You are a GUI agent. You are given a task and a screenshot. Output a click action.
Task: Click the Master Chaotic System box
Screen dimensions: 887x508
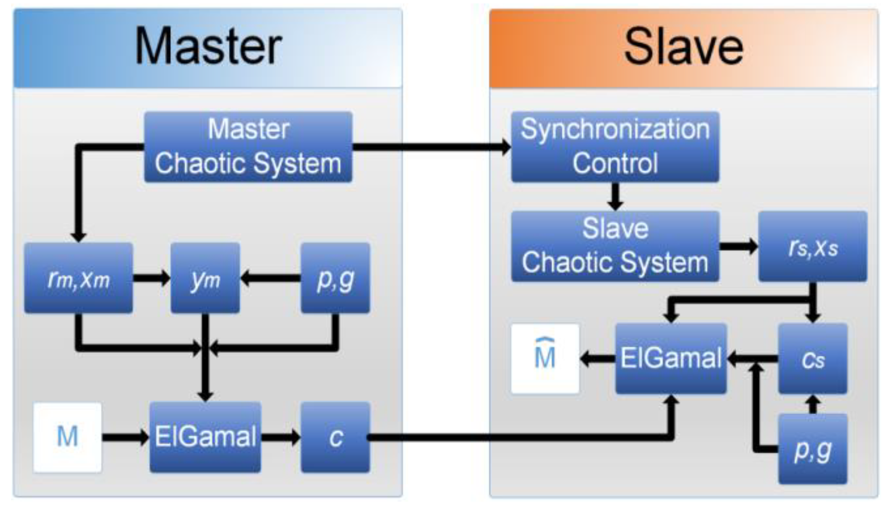[248, 147]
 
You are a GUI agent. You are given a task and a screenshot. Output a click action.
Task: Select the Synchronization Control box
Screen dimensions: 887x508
[615, 147]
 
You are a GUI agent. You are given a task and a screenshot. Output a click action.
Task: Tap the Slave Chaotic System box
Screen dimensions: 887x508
[615, 246]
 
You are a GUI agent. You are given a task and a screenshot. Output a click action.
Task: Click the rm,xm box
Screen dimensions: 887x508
[78, 278]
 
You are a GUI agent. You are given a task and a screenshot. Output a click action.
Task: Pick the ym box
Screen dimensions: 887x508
[205, 278]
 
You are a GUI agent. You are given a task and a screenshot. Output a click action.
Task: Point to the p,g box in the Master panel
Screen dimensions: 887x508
[335, 278]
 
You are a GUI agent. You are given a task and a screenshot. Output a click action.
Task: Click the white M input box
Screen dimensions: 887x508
[68, 437]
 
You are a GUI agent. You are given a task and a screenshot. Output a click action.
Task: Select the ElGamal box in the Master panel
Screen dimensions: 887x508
[205, 437]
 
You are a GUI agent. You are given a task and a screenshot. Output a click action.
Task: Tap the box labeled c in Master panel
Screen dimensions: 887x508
[335, 437]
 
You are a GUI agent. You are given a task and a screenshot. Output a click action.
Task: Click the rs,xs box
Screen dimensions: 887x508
[813, 246]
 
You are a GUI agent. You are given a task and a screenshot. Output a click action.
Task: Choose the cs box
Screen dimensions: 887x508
[813, 358]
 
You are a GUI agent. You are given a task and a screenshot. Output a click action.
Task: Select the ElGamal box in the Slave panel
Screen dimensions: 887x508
[671, 358]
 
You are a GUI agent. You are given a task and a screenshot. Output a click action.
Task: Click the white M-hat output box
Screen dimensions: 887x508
[545, 358]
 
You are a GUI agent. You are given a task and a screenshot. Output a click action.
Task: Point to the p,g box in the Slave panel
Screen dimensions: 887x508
[813, 449]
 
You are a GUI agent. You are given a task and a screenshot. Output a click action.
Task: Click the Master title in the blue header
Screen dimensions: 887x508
[208, 47]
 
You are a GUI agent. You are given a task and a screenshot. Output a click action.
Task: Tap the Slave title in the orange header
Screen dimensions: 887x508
[683, 47]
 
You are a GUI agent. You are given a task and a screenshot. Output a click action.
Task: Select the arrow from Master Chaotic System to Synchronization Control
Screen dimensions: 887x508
[432, 147]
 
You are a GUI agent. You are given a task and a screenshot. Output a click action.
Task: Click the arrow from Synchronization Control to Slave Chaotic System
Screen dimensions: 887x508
[615, 196]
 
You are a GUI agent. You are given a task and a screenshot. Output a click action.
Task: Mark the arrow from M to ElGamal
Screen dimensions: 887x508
[126, 437]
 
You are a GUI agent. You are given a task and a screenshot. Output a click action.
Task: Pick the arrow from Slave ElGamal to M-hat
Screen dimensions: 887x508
[597, 359]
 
